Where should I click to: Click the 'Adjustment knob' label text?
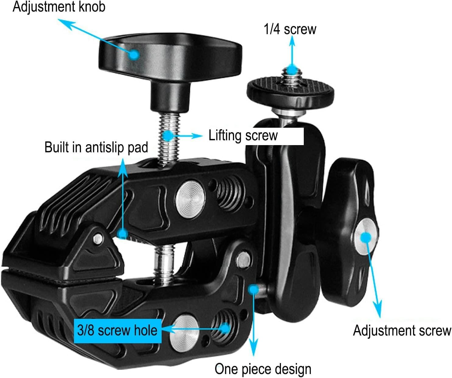click(x=59, y=7)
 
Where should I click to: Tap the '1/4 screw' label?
click(x=290, y=29)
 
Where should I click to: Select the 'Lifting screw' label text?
click(x=243, y=136)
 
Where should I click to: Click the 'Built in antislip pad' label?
click(x=96, y=147)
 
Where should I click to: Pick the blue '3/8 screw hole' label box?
click(x=117, y=331)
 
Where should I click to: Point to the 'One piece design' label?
click(x=263, y=369)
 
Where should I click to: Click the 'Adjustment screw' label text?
click(x=402, y=331)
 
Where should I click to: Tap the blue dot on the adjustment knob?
click(x=134, y=55)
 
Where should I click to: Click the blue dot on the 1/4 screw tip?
click(x=292, y=70)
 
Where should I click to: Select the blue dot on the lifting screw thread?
click(x=168, y=135)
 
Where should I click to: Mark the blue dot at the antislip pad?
click(x=123, y=234)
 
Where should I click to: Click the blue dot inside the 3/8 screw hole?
click(x=225, y=328)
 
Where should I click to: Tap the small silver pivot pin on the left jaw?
click(x=98, y=238)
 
